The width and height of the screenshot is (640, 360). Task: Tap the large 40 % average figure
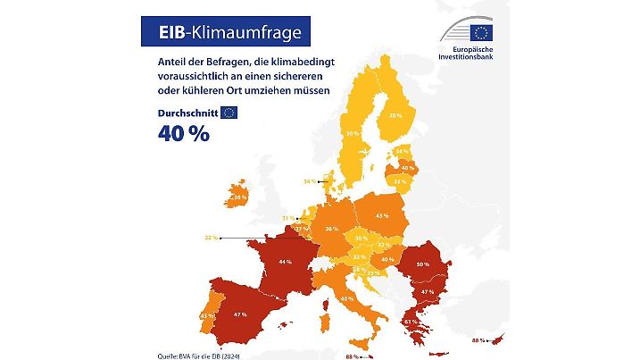click(x=185, y=134)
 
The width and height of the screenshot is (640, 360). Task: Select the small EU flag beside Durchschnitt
click(x=229, y=113)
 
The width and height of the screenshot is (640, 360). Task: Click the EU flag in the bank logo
click(x=482, y=34)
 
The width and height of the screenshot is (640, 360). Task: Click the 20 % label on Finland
click(x=395, y=115)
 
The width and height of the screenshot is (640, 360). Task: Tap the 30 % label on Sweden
click(x=353, y=133)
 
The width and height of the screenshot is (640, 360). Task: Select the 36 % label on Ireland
click(x=239, y=197)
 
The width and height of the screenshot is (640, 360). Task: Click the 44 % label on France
click(x=286, y=262)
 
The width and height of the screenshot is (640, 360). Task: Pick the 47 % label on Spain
click(x=239, y=315)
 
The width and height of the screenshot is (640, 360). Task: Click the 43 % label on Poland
click(x=381, y=216)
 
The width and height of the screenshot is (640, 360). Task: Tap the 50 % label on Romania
click(x=421, y=264)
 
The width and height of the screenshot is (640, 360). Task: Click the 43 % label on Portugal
click(x=206, y=315)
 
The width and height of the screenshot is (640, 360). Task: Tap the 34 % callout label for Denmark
click(x=309, y=181)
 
